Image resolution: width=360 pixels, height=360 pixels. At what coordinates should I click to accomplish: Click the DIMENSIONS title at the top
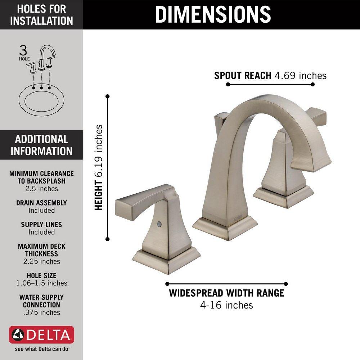point(213,14)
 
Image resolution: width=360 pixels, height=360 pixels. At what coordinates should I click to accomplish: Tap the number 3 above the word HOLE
point(23,49)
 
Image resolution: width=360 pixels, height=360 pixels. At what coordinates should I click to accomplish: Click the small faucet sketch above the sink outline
point(42,58)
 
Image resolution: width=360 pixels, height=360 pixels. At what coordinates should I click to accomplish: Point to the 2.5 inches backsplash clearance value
point(41,189)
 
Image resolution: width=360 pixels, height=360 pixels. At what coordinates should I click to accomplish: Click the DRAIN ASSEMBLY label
point(41,203)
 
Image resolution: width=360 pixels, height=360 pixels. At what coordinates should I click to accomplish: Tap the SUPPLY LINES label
point(41,225)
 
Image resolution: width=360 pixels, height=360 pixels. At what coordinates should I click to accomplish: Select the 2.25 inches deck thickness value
point(41,261)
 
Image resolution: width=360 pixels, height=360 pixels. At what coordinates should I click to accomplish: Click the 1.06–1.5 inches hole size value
point(41,283)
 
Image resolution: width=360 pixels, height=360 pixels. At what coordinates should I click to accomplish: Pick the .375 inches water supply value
point(41,312)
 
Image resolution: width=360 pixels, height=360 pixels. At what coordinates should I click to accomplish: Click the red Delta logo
point(41,335)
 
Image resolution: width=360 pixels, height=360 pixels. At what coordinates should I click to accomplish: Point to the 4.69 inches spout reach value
point(300,76)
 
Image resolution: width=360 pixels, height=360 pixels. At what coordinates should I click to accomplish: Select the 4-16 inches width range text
point(226,305)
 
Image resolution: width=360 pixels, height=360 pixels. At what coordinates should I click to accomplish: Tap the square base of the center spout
point(225,228)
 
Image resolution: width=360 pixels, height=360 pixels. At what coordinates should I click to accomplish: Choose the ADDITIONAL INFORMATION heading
point(41,145)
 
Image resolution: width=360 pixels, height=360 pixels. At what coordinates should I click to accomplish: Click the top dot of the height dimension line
point(107,96)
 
